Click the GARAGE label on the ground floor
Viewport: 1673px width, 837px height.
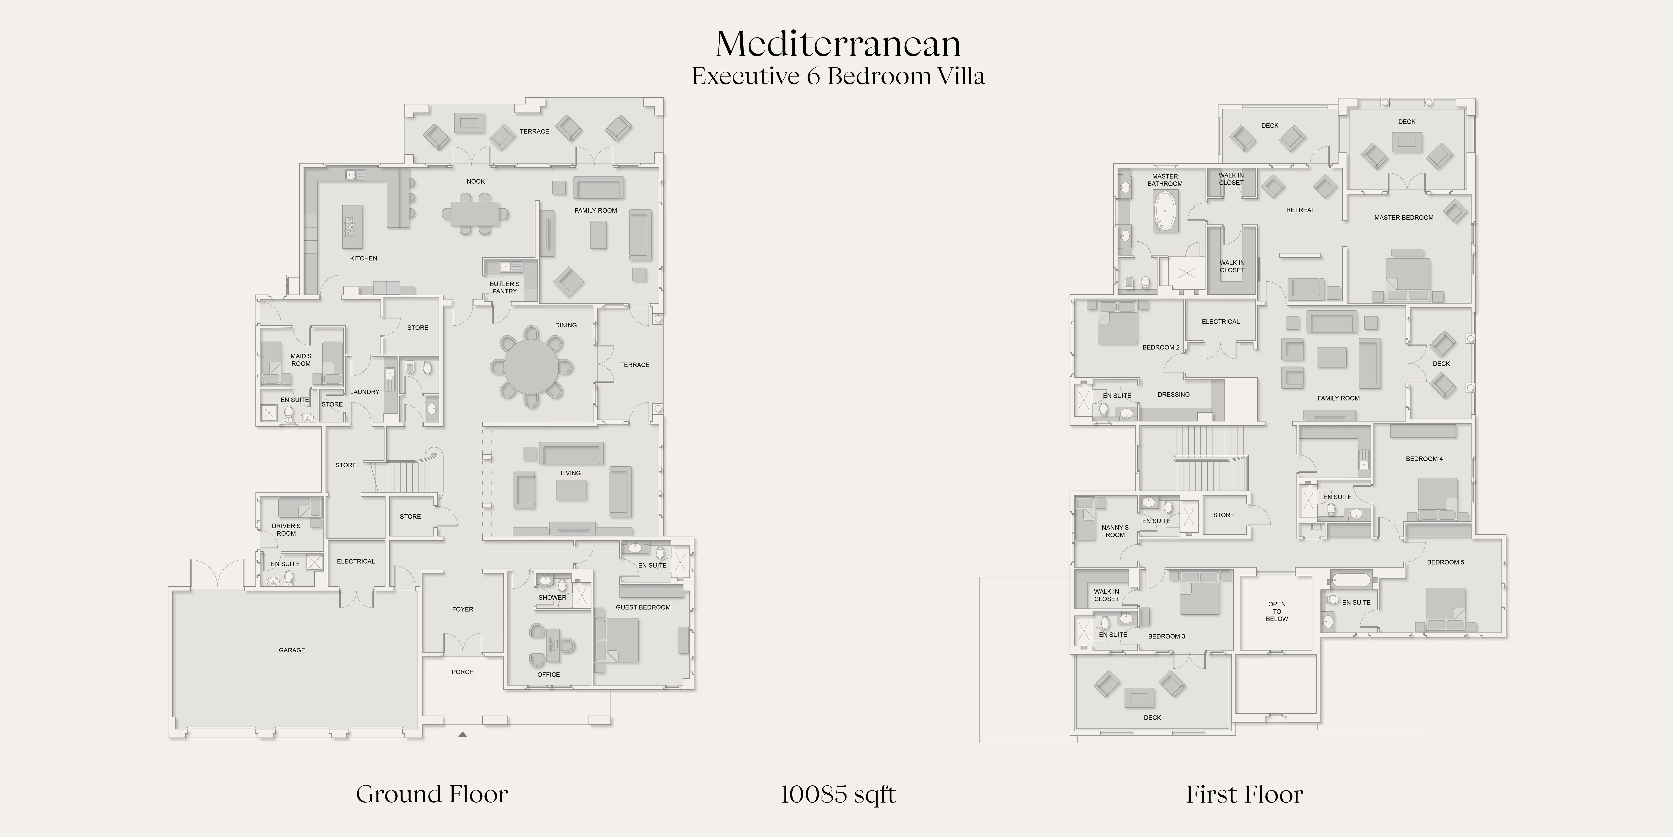292,650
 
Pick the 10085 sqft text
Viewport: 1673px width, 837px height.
838,794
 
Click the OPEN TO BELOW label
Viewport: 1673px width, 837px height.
1277,611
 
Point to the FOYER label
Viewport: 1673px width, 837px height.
462,610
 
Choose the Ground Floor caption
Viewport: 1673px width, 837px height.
432,794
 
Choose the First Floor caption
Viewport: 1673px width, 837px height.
1244,794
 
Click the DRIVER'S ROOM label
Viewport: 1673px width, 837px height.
286,530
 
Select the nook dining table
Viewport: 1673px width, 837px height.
475,213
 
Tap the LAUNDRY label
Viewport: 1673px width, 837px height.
364,392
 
